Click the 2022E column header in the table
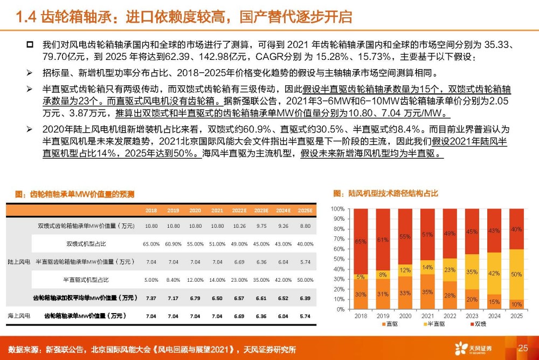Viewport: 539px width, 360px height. [x=239, y=210]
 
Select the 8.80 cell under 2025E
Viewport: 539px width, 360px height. [x=305, y=226]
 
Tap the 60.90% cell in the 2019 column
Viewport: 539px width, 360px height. [x=173, y=244]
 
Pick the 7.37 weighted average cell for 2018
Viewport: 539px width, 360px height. [x=151, y=298]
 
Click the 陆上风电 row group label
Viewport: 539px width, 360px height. [x=19, y=262]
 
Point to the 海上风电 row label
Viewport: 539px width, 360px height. [x=19, y=316]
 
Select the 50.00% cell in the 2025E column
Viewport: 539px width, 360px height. [x=305, y=280]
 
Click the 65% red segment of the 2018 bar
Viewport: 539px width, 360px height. [x=361, y=242]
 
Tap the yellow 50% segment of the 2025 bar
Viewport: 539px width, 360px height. [x=516, y=274]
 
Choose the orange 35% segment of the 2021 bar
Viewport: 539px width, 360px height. [x=427, y=291]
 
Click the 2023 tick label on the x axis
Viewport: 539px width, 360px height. [x=472, y=316]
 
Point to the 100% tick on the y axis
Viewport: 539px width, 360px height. [x=337, y=209]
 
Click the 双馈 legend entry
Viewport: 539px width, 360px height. [x=478, y=324]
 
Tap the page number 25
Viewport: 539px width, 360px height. [x=523, y=348]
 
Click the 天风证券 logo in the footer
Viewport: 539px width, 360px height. [x=473, y=349]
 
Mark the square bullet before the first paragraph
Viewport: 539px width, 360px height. [x=30, y=44]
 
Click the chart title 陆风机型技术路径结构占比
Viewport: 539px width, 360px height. [x=386, y=193]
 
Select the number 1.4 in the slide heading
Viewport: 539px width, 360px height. [x=26, y=17]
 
